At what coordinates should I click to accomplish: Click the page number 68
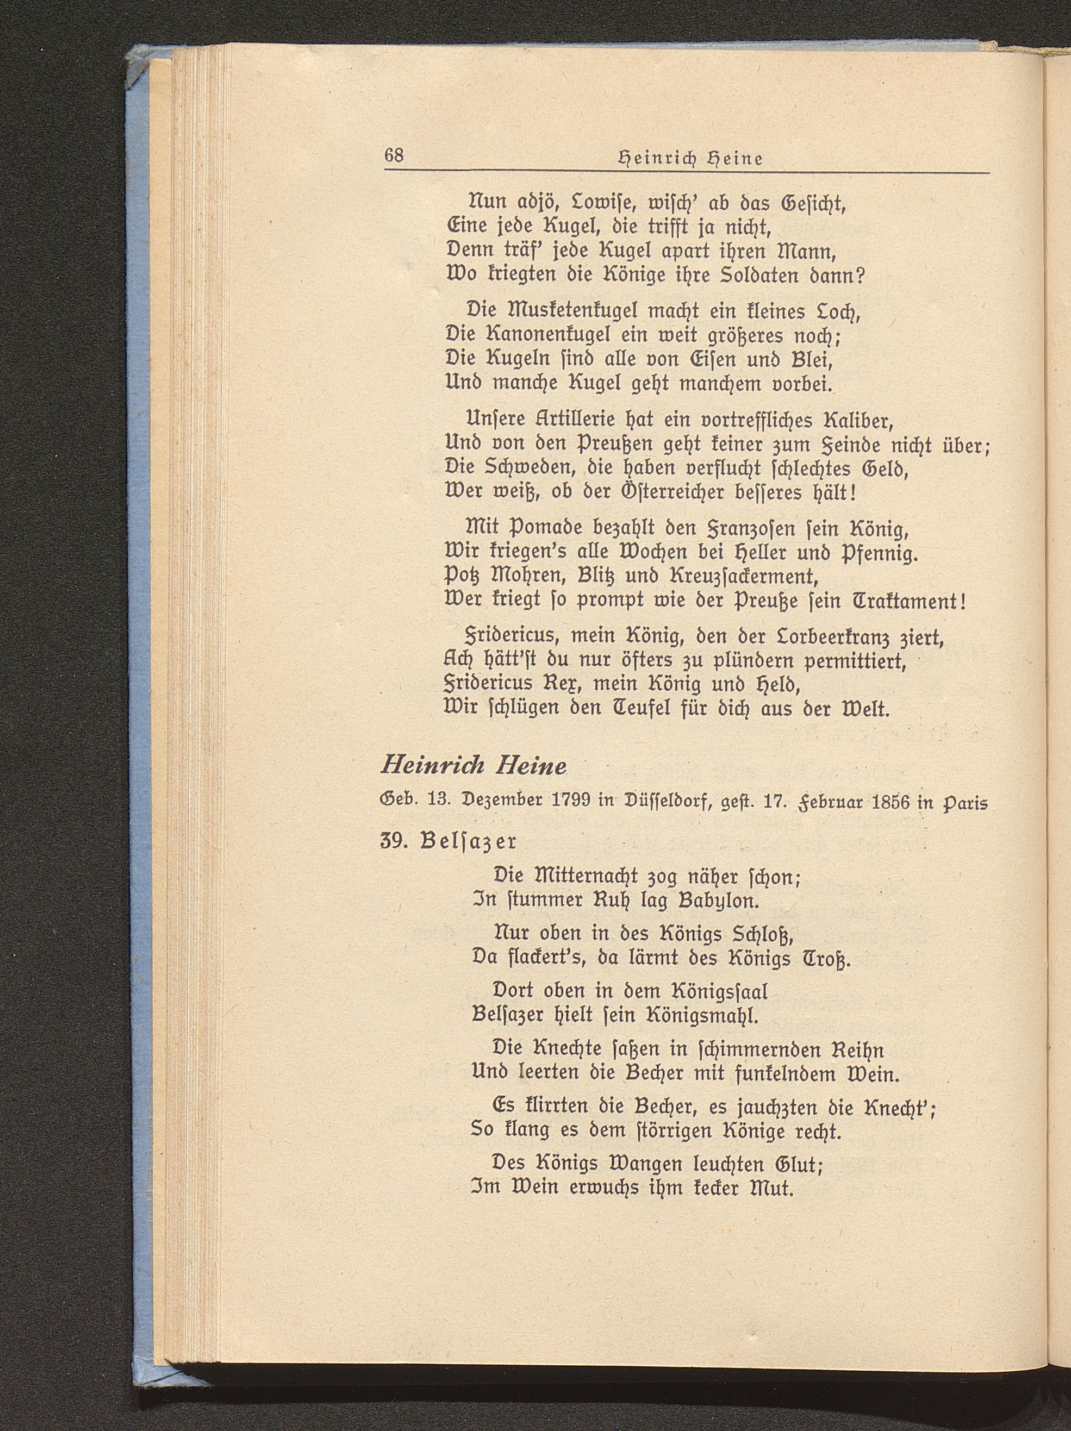(x=394, y=156)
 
